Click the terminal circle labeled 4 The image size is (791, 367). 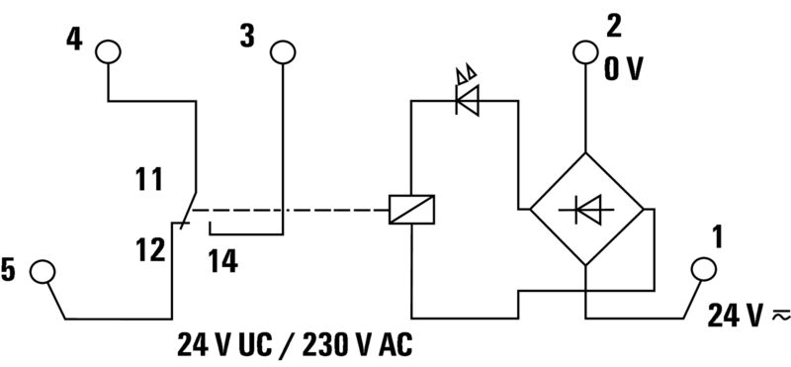(x=107, y=51)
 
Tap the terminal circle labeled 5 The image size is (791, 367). (x=43, y=270)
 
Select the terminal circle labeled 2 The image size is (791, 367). (x=586, y=52)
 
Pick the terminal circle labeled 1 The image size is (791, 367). (x=703, y=268)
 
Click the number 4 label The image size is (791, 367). (x=73, y=40)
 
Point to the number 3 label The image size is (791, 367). (x=247, y=38)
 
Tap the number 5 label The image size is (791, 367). (x=9, y=270)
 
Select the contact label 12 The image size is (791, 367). (x=151, y=250)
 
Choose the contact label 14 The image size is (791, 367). (x=223, y=261)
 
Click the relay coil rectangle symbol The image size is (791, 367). (x=410, y=209)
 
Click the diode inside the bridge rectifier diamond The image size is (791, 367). (x=587, y=209)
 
